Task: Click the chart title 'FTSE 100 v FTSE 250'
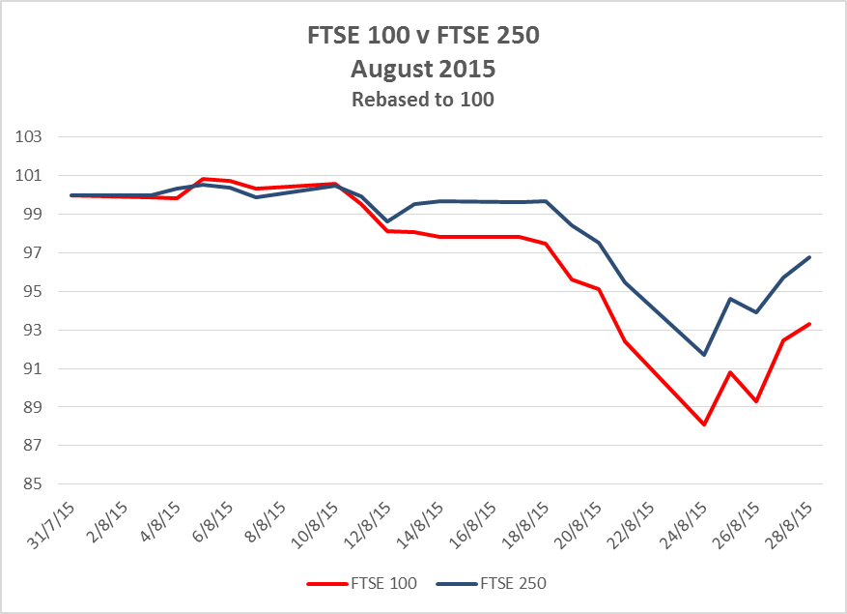pyautogui.click(x=423, y=40)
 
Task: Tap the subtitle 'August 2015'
pyautogui.click(x=423, y=70)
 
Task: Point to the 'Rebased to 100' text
pyautogui.click(x=423, y=100)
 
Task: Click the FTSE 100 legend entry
pyautogui.click(x=362, y=583)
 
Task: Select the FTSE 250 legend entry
pyautogui.click(x=492, y=583)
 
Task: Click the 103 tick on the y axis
pyautogui.click(x=31, y=137)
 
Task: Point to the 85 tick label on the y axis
pyautogui.click(x=31, y=484)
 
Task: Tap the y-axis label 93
pyautogui.click(x=31, y=331)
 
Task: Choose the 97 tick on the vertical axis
pyautogui.click(x=31, y=253)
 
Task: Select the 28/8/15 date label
pyautogui.click(x=795, y=524)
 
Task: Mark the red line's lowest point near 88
pyautogui.click(x=704, y=424)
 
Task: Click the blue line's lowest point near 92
pyautogui.click(x=704, y=355)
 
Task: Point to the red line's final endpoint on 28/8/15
pyautogui.click(x=809, y=324)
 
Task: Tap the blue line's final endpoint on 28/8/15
pyautogui.click(x=809, y=257)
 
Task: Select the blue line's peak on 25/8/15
pyautogui.click(x=730, y=299)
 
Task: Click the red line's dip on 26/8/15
pyautogui.click(x=756, y=401)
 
